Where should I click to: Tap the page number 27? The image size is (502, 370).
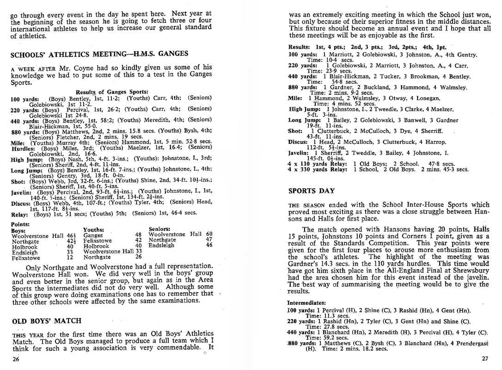(485, 358)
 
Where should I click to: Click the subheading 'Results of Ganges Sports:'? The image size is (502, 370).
(112, 92)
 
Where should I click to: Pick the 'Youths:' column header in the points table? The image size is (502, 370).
(93, 229)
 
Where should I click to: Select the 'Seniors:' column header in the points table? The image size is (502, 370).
(160, 229)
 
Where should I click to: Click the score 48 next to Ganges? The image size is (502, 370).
(138, 235)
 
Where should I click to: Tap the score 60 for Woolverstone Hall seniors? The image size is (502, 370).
(209, 234)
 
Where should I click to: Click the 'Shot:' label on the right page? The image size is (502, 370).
(295, 131)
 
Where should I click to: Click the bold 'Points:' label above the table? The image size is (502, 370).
(20, 224)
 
